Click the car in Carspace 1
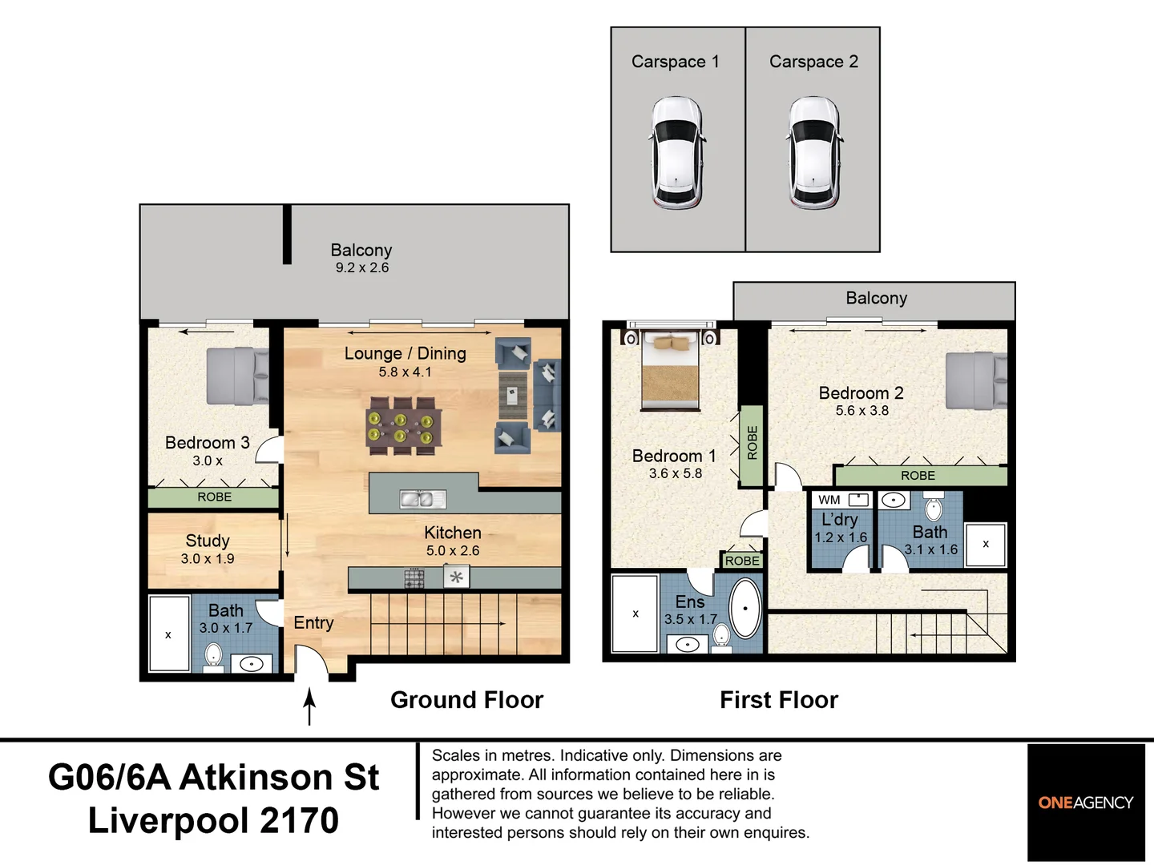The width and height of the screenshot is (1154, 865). (x=677, y=152)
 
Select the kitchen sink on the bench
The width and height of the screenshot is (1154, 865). (x=422, y=500)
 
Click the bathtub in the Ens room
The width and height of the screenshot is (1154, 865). (x=744, y=609)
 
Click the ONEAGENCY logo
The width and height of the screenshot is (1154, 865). (x=1086, y=803)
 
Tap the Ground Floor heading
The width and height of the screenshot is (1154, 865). (x=466, y=700)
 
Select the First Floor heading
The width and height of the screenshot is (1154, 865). (x=778, y=700)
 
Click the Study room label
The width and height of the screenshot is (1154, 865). (x=208, y=541)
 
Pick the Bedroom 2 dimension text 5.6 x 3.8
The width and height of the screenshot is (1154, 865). (x=861, y=411)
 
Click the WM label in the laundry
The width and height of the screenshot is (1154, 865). (x=829, y=500)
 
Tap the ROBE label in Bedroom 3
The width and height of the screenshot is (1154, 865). (x=214, y=497)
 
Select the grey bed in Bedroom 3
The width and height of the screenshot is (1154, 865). (x=237, y=376)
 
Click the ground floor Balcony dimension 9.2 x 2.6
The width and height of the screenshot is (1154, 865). (x=361, y=268)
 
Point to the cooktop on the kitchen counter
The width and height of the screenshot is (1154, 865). (x=414, y=577)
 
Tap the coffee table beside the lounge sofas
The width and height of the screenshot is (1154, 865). (x=511, y=395)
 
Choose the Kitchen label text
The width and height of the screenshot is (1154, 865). (x=453, y=533)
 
